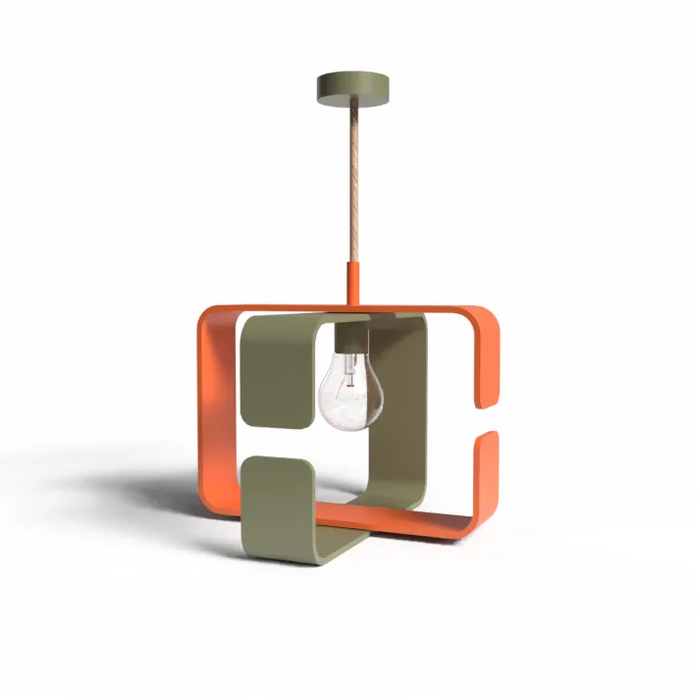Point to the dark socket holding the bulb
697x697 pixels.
click(x=351, y=339)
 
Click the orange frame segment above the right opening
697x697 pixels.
click(x=488, y=363)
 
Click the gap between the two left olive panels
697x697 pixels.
click(x=278, y=441)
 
